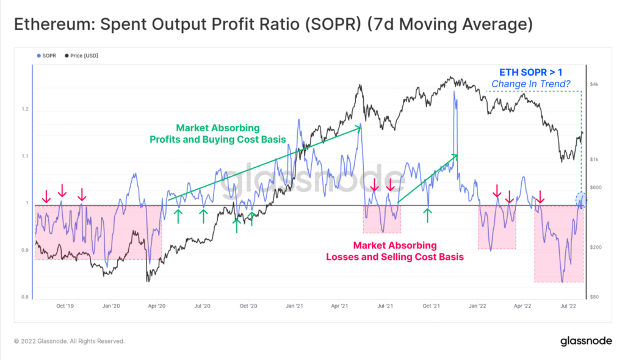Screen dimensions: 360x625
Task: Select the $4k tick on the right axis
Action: click(594, 84)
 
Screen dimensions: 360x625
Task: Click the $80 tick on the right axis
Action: click(594, 297)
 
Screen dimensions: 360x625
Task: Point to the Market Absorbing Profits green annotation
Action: click(218, 134)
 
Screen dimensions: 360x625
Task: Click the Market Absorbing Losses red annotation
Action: click(395, 251)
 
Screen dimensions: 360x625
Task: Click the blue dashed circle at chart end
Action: click(580, 199)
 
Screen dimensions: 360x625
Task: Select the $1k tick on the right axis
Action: click(594, 159)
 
